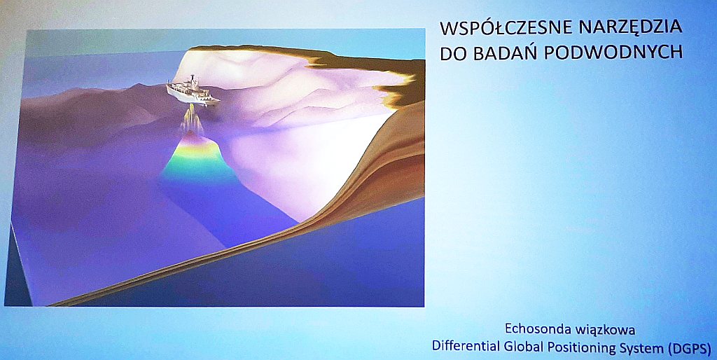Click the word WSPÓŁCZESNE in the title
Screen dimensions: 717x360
(x=506, y=28)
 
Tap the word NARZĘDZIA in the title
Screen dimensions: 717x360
(x=630, y=28)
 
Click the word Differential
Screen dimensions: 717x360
(x=460, y=346)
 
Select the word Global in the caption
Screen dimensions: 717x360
(x=508, y=346)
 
